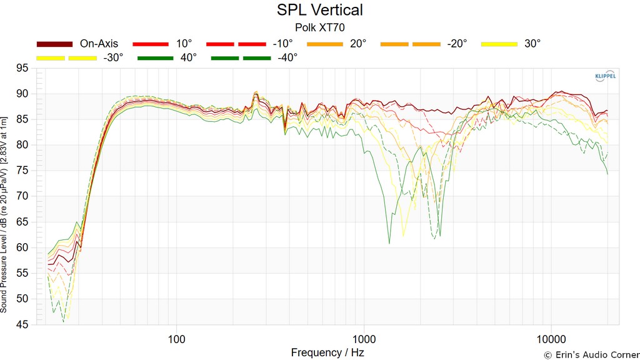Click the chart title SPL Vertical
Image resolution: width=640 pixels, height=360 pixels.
[319, 10]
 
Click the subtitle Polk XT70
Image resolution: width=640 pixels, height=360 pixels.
[319, 27]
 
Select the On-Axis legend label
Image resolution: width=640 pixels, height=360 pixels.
[99, 44]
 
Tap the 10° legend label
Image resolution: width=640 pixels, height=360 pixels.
[184, 44]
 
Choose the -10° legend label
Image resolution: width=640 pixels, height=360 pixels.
[282, 44]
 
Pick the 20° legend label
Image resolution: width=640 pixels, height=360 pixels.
[357, 44]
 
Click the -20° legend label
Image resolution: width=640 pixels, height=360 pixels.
[457, 44]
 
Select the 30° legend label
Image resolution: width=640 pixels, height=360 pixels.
[532, 44]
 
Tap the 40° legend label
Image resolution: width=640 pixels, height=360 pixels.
[188, 57]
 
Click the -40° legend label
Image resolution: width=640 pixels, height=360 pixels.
[287, 57]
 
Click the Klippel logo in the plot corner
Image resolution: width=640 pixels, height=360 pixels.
[604, 76]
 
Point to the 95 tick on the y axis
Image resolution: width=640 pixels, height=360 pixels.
[22, 68]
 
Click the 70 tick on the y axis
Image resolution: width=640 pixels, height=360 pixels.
[22, 196]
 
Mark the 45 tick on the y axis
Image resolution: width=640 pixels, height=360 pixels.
[22, 324]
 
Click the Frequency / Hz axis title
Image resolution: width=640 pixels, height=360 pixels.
[327, 352]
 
